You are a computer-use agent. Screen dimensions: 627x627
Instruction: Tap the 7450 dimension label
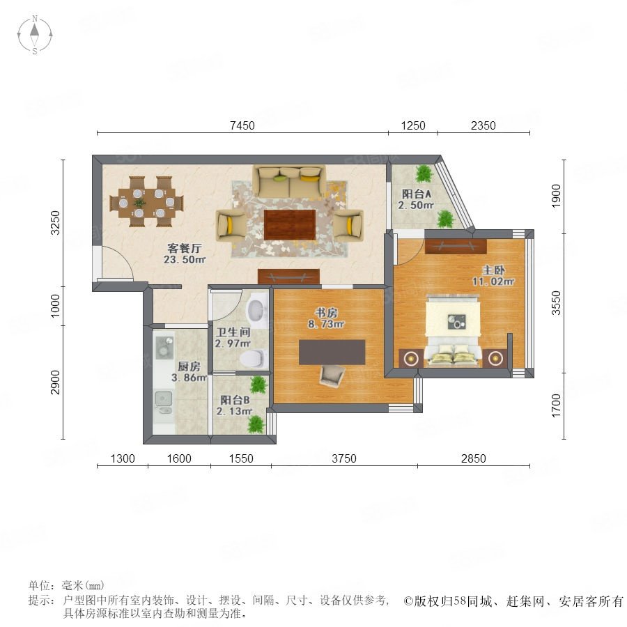click(x=242, y=125)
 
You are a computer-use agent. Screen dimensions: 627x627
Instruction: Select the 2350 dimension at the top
click(x=483, y=125)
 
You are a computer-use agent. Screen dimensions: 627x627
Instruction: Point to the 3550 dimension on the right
click(x=556, y=303)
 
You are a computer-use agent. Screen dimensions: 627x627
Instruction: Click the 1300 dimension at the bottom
click(x=123, y=458)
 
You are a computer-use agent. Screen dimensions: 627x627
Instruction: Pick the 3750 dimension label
click(x=344, y=458)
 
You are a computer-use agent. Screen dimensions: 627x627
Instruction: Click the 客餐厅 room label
click(x=185, y=248)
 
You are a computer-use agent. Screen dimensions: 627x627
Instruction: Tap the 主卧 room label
click(x=493, y=270)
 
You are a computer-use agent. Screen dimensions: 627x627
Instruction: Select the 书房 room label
click(x=326, y=313)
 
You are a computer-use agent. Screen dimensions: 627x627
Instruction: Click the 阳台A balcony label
click(x=417, y=194)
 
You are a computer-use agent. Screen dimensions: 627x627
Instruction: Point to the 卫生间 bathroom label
click(x=233, y=332)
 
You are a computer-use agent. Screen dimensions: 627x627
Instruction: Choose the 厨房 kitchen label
click(x=189, y=366)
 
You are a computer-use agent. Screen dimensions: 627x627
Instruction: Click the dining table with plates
click(x=147, y=202)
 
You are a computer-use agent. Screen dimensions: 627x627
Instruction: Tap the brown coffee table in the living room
click(x=290, y=225)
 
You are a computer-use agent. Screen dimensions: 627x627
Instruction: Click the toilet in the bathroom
click(x=254, y=359)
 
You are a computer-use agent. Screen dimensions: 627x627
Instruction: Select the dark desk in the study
click(x=332, y=352)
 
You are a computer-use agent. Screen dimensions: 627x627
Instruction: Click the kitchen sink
click(x=164, y=403)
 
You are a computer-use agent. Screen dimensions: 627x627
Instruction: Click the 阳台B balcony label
click(x=235, y=400)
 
